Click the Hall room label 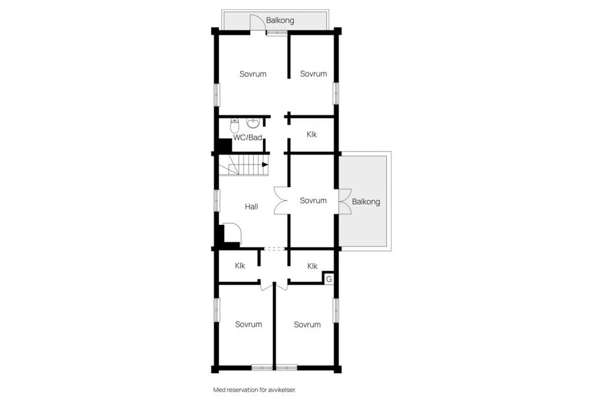pyautogui.click(x=251, y=206)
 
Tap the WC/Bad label pyautogui.click(x=247, y=138)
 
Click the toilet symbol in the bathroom pyautogui.click(x=235, y=124)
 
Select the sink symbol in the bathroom pyautogui.click(x=253, y=122)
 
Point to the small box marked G pyautogui.click(x=329, y=278)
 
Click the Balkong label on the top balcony pyautogui.click(x=280, y=21)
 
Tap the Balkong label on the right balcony pyautogui.click(x=366, y=202)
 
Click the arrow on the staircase pyautogui.click(x=264, y=165)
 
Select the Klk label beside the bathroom pyautogui.click(x=312, y=134)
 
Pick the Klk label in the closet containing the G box pyautogui.click(x=312, y=266)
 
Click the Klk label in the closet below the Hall pyautogui.click(x=240, y=266)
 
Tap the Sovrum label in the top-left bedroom pyautogui.click(x=253, y=73)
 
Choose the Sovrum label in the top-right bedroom pyautogui.click(x=313, y=73)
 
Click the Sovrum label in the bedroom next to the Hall pyautogui.click(x=313, y=200)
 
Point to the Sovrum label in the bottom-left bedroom pyautogui.click(x=248, y=324)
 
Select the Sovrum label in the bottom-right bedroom pyautogui.click(x=307, y=324)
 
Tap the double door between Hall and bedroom pyautogui.click(x=281, y=201)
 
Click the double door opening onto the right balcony pyautogui.click(x=344, y=200)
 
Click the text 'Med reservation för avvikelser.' pyautogui.click(x=254, y=389)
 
